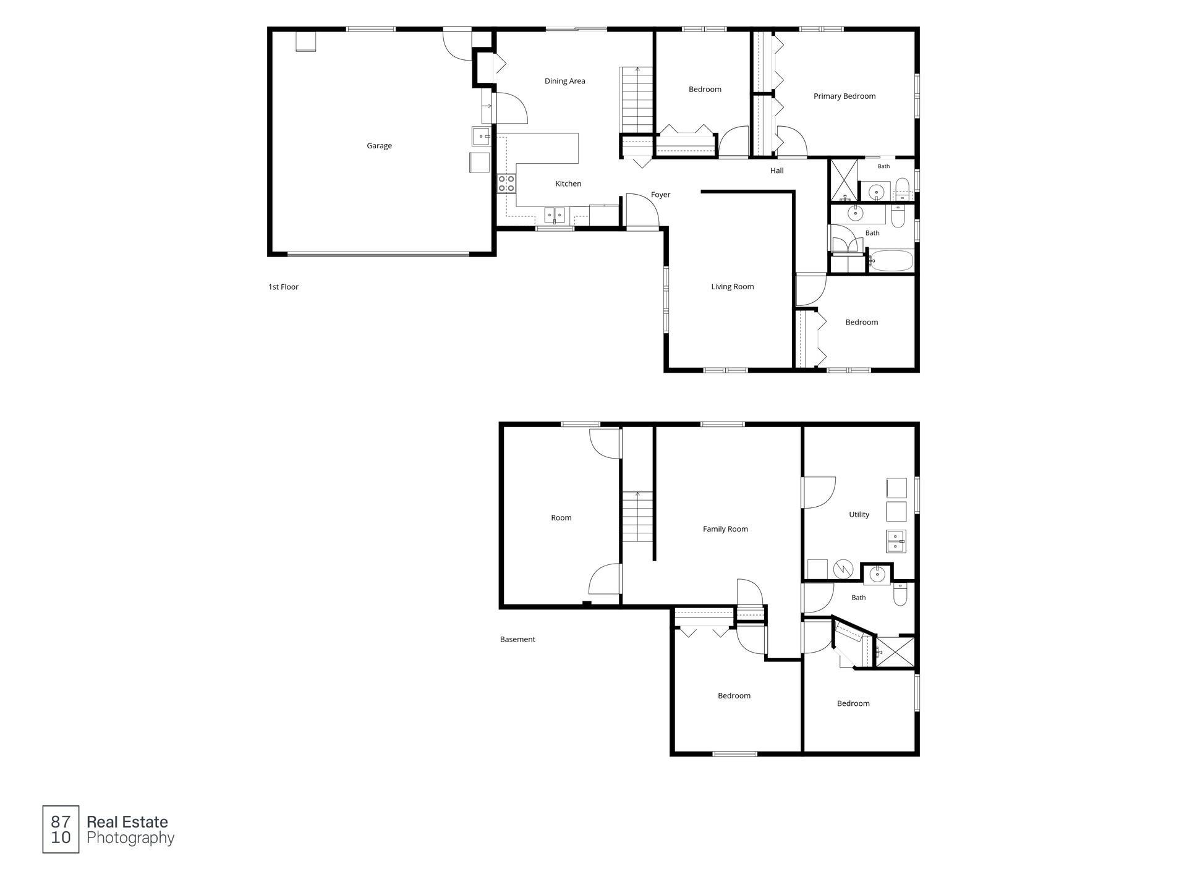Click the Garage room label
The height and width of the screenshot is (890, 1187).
click(379, 146)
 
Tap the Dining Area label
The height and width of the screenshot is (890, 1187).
click(564, 81)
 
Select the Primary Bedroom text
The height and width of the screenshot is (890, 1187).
click(845, 96)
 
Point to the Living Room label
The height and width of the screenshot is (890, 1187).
click(732, 287)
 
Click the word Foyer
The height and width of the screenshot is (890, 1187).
click(660, 195)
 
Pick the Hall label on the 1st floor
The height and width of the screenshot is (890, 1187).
click(776, 171)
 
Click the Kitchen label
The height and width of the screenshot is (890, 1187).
click(568, 184)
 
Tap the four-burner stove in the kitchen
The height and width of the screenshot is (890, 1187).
click(506, 184)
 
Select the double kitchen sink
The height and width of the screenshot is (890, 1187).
click(554, 215)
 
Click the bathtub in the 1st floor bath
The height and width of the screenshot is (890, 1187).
click(891, 260)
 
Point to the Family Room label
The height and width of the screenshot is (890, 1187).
click(725, 529)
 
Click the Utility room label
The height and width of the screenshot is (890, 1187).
click(859, 515)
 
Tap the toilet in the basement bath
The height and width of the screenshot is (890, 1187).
click(900, 595)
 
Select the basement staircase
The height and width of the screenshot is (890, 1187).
click(638, 517)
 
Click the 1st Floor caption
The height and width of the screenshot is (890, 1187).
click(283, 287)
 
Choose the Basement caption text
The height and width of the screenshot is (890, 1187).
click(517, 640)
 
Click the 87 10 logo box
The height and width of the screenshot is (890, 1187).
click(61, 829)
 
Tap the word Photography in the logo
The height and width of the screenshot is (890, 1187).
click(130, 839)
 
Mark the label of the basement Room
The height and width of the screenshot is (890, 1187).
click(561, 518)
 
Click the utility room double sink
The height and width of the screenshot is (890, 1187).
click(896, 541)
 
